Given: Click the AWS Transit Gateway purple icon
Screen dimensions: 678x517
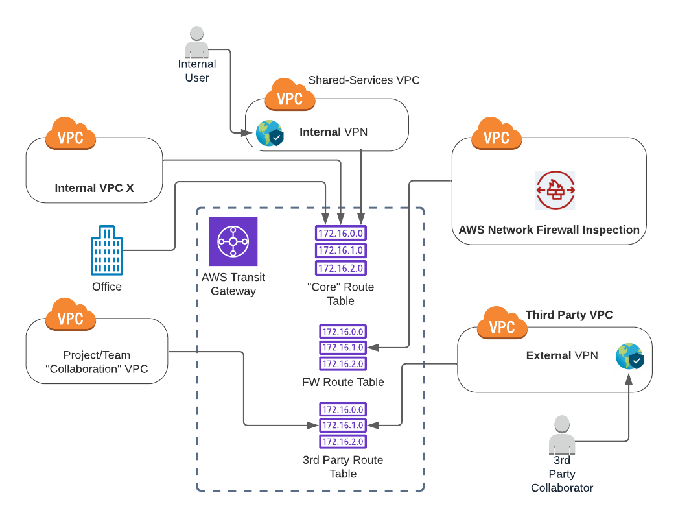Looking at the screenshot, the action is tap(233, 241).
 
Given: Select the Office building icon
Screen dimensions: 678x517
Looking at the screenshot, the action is tap(107, 250).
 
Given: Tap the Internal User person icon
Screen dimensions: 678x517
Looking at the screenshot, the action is tap(197, 42).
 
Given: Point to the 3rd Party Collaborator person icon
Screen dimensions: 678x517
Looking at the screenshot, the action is tap(562, 435).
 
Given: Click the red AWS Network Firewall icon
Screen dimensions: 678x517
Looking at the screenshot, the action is tap(555, 190).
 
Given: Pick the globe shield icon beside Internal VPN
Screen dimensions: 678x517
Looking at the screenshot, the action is tap(270, 133).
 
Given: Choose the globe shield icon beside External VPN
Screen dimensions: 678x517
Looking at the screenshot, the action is tap(630, 356).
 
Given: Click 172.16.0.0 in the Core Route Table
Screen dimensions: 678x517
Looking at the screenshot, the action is tap(341, 233).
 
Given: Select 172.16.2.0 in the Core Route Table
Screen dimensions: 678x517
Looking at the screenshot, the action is tap(341, 269).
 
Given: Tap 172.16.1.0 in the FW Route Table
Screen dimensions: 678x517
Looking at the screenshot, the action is tap(343, 348).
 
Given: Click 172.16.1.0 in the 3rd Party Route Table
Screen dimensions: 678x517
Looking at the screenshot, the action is tap(343, 426).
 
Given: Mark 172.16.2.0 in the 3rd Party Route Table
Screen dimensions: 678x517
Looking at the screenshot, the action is tap(343, 442).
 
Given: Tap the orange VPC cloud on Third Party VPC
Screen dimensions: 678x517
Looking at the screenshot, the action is tap(502, 323).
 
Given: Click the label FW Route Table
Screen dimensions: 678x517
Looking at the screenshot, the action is tap(343, 382).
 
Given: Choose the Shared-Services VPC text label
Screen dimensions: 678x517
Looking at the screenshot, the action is tap(364, 80).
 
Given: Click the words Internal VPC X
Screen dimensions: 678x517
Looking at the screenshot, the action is tap(94, 188).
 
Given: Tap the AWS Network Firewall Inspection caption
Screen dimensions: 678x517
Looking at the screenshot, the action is tap(549, 230).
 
